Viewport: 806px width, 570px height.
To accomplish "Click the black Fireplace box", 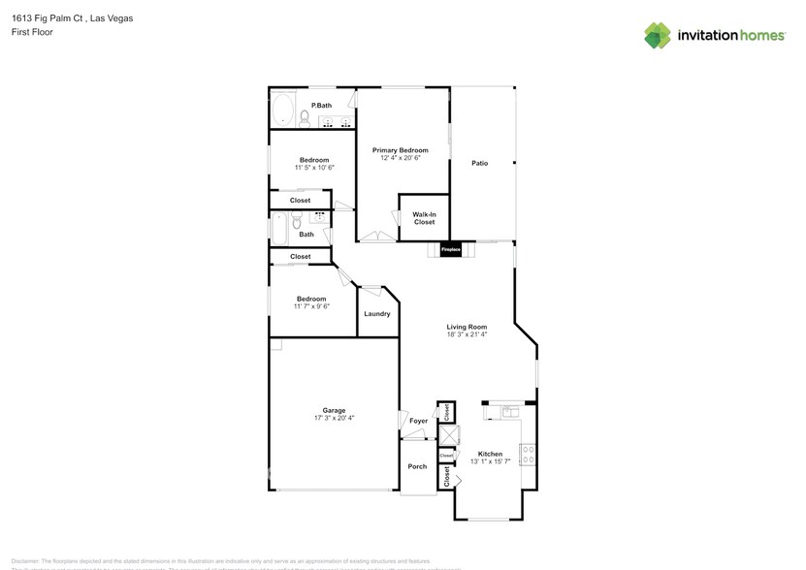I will click(451, 249).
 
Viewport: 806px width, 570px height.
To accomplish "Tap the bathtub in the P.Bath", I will click(283, 111).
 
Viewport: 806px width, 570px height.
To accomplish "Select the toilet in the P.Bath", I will click(305, 119).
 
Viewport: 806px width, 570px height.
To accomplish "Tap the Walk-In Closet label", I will click(424, 218).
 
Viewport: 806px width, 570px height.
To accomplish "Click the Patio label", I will click(479, 163).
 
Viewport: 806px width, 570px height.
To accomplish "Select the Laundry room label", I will click(377, 313).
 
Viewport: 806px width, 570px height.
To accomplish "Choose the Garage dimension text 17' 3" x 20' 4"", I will click(334, 418).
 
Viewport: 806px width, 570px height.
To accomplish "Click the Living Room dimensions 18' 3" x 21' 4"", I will click(467, 334).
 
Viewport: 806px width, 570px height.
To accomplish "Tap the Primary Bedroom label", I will click(401, 150).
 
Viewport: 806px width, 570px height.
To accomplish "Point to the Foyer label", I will click(418, 422).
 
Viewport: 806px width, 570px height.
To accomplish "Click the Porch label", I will click(417, 466).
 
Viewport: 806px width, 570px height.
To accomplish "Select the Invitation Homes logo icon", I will click(658, 35).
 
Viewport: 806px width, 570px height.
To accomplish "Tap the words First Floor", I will click(32, 32).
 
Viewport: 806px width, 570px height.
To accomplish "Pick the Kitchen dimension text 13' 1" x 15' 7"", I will click(489, 461).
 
